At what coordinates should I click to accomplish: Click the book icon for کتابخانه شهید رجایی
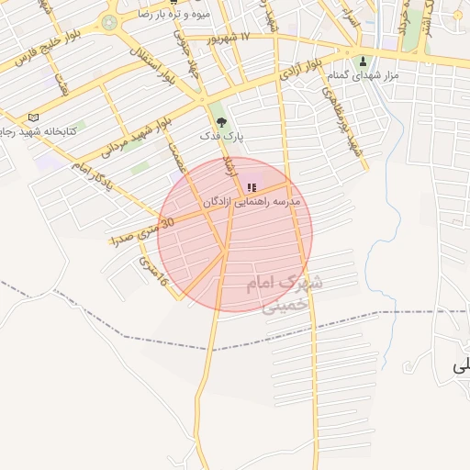(35, 118)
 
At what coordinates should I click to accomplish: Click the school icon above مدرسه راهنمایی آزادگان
(252, 187)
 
